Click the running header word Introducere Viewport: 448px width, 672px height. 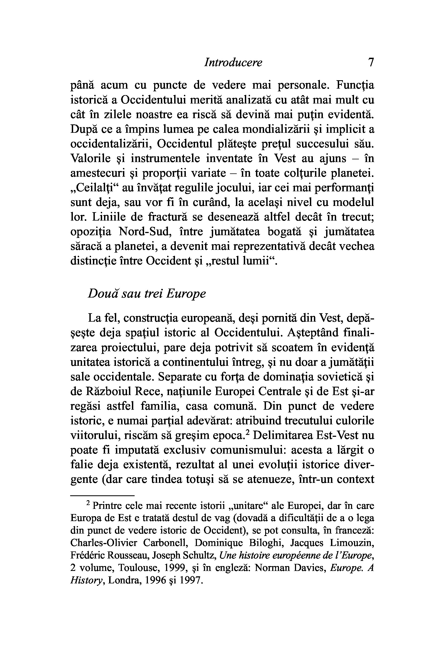[233, 63]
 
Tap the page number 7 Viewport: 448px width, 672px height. [371, 62]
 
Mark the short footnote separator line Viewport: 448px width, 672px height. [102, 495]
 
